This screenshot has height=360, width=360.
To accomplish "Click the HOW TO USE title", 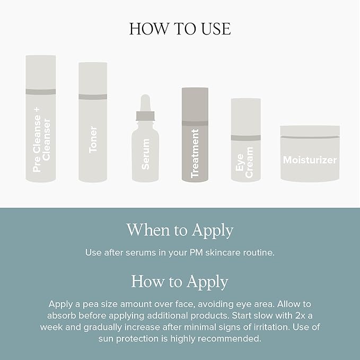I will tap(180, 29).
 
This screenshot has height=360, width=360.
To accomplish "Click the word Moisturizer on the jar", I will tap(310, 160).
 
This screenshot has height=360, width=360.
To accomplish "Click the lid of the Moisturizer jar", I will tap(310, 130).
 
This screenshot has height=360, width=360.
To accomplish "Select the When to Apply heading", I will tap(180, 230).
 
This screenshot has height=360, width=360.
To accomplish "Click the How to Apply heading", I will tap(180, 281).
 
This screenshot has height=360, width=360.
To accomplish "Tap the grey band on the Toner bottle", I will tap(93, 96).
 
